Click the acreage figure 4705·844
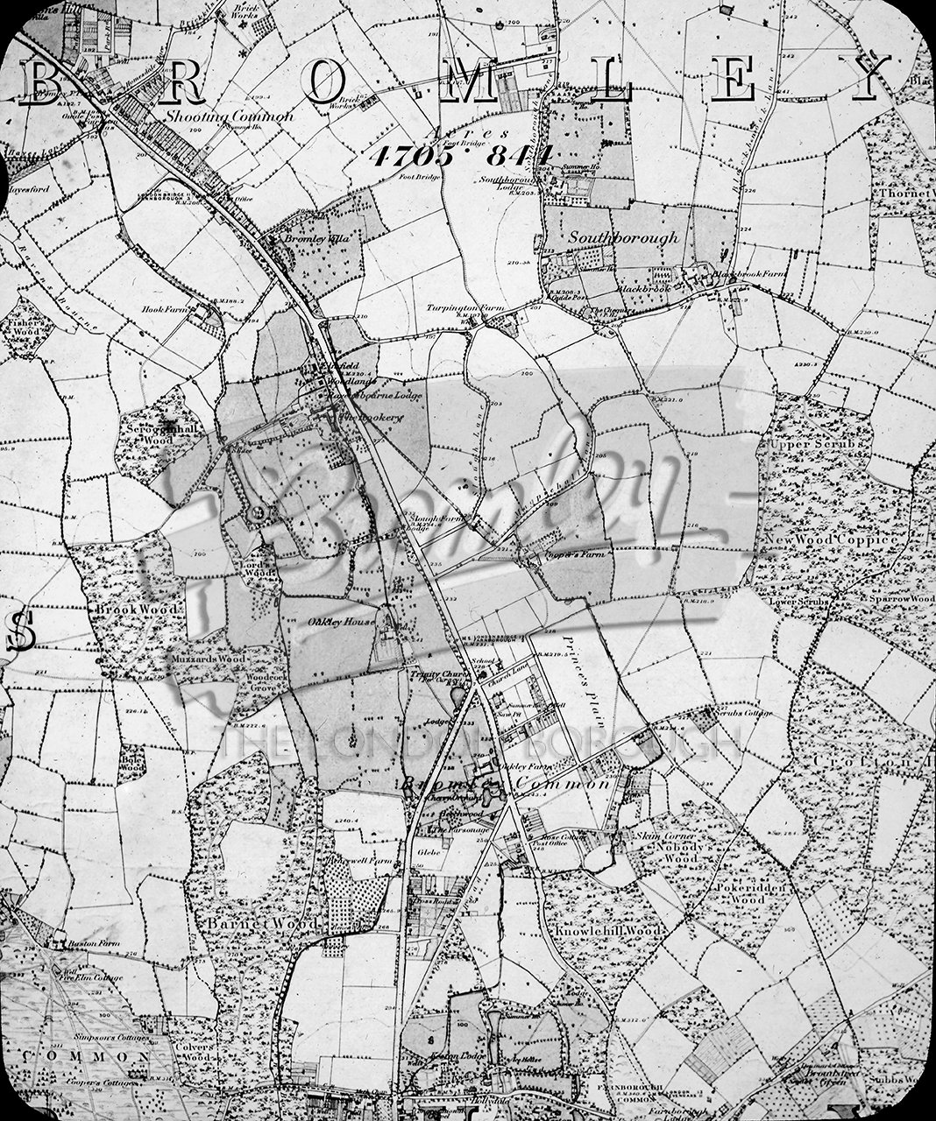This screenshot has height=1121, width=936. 462,156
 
